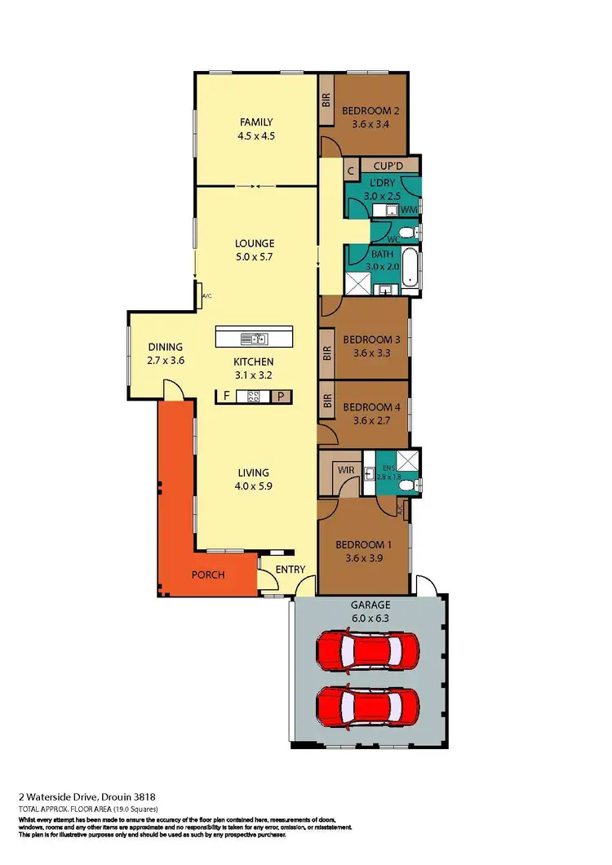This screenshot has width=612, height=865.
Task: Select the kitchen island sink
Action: [x=255, y=338]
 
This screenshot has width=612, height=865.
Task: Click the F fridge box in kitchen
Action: [x=226, y=397]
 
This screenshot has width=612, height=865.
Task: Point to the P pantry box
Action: [x=281, y=397]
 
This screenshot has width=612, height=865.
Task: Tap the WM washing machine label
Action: [x=409, y=211]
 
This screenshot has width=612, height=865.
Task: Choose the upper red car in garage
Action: [x=369, y=650]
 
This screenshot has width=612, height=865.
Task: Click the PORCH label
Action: [x=208, y=574]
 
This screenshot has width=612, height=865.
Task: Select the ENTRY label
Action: [x=290, y=570]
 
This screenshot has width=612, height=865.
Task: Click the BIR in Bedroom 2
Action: [x=326, y=100]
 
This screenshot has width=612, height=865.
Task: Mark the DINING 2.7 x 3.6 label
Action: [x=165, y=353]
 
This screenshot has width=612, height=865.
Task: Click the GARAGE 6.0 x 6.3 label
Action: [x=370, y=611]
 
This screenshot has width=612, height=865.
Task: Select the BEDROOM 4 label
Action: [x=372, y=414]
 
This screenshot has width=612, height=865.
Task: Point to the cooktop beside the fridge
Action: [x=253, y=397]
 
